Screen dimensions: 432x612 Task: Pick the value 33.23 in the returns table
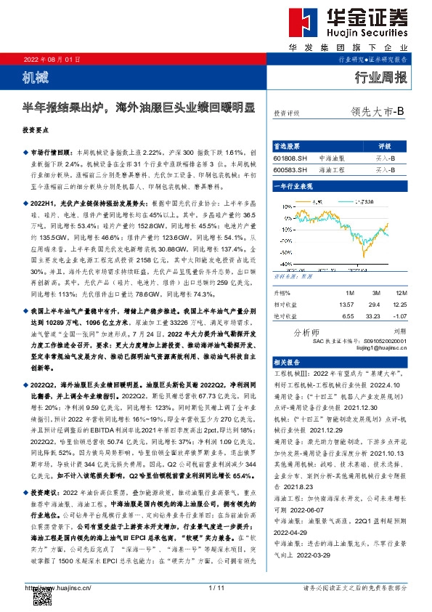375,316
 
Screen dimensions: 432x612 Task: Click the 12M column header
402,293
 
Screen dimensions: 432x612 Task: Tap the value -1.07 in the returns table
401,316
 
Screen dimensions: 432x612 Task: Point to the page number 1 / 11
216,587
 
